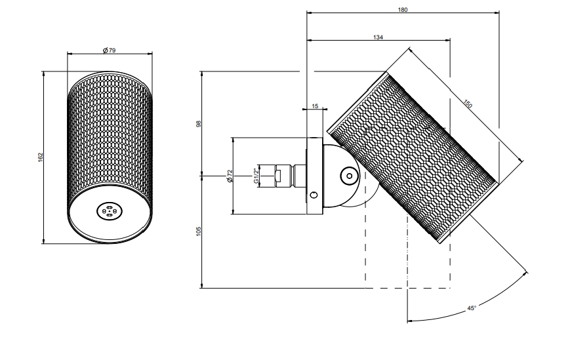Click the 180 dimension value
[x=402, y=9]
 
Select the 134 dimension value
[x=378, y=37]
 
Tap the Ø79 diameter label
[x=109, y=50]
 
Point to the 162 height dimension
[x=41, y=157]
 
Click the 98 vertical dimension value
[x=199, y=124]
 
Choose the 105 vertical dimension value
[x=199, y=231]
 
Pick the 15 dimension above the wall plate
[x=315, y=106]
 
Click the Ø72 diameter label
[x=230, y=176]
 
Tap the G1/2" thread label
[x=256, y=176]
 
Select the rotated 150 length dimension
[x=468, y=104]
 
